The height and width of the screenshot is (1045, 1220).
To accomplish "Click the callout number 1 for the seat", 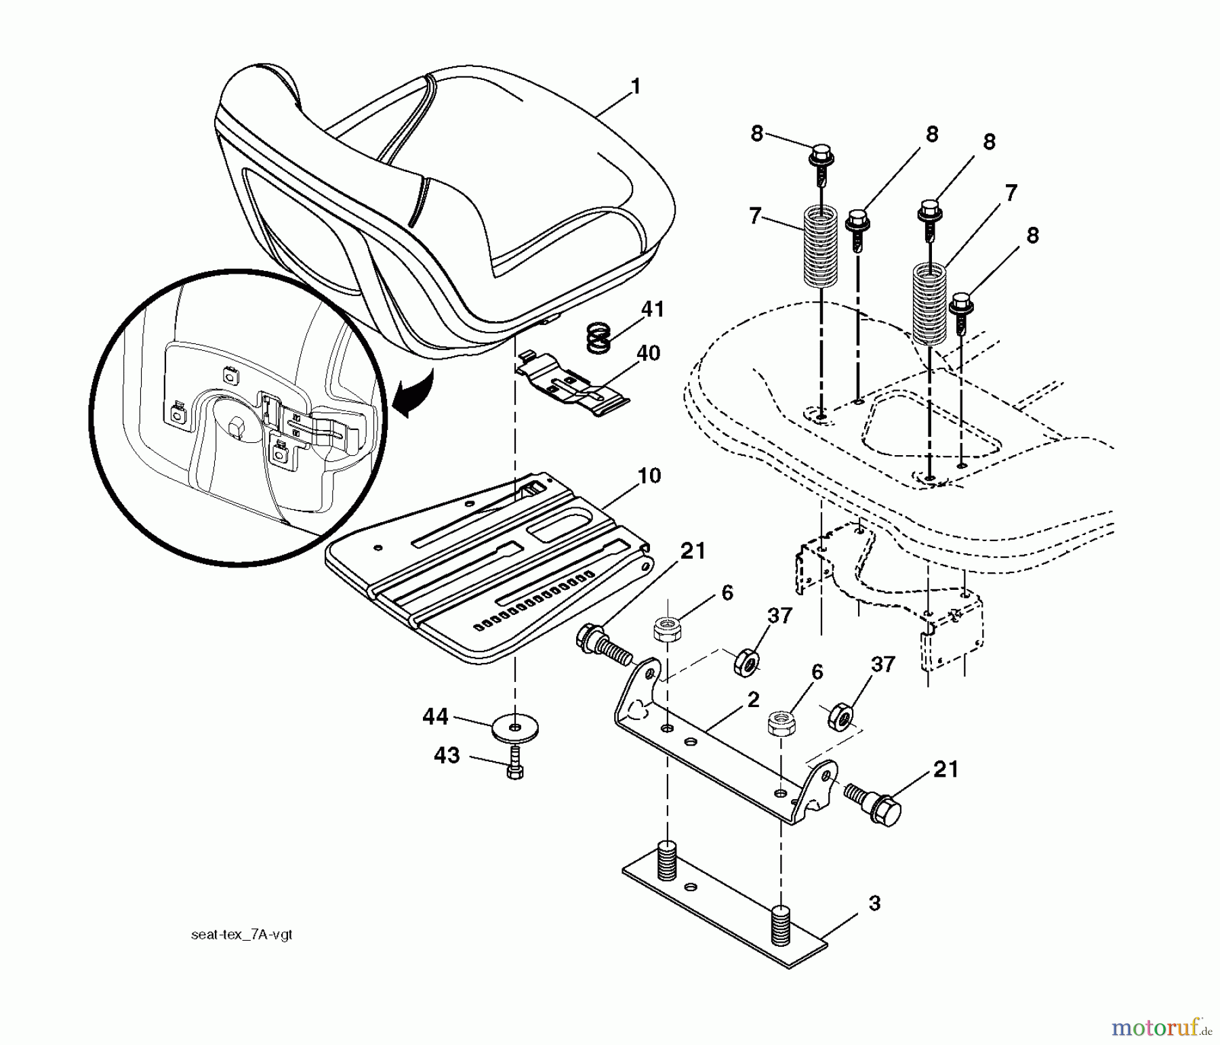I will click(x=635, y=87).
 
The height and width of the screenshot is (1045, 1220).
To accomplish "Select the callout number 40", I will click(x=648, y=354).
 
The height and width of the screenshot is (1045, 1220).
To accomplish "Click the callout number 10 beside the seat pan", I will click(x=649, y=476).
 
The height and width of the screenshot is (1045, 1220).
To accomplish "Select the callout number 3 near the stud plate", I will click(x=874, y=903).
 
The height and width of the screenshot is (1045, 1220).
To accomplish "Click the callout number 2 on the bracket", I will click(x=753, y=700).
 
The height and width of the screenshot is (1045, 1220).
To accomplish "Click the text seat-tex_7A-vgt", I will click(x=242, y=935).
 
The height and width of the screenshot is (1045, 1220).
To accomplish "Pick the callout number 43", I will click(x=447, y=755).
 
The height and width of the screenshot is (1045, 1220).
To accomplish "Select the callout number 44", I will click(x=436, y=717).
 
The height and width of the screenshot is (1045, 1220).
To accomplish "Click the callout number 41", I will click(x=653, y=310).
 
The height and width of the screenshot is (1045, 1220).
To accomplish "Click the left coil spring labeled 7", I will click(x=821, y=247).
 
